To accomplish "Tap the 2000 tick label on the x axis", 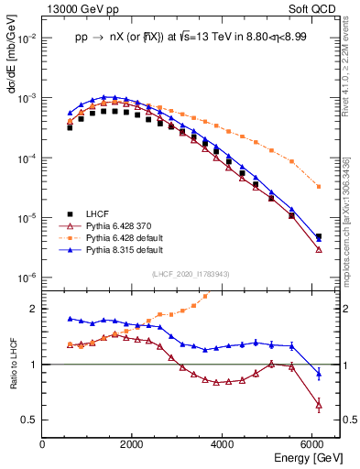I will click(x=132, y=442).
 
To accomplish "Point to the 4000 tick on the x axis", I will click(x=222, y=442).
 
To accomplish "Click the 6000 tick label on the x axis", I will click(x=311, y=442).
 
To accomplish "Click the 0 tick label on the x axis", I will click(x=42, y=442).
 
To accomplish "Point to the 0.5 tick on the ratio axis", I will click(x=31, y=420).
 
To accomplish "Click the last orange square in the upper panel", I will click(x=318, y=187).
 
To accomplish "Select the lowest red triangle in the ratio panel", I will click(x=318, y=404).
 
